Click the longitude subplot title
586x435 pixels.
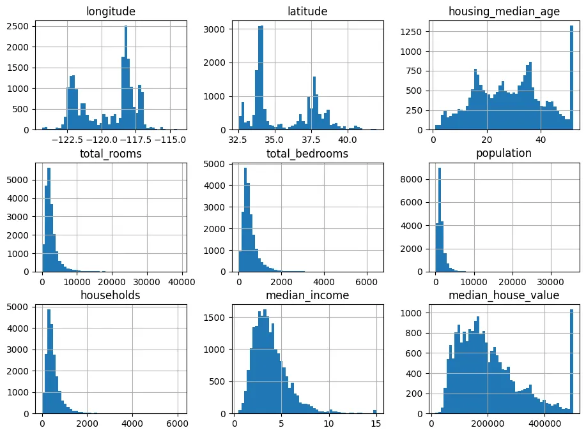[111, 11]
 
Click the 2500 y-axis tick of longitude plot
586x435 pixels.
[17, 26]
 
